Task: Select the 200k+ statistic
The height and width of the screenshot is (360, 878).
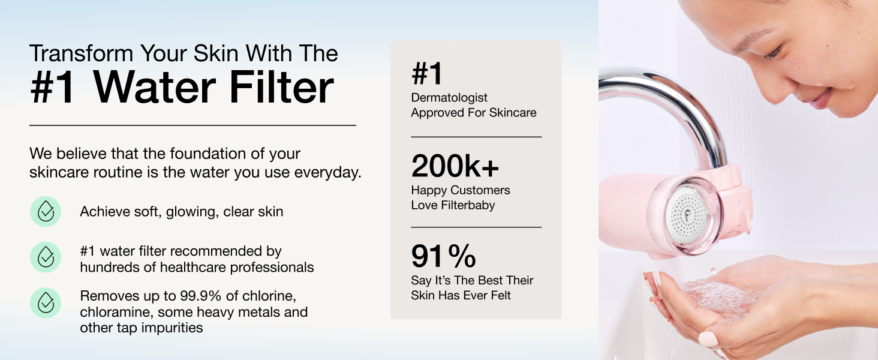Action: point(455,167)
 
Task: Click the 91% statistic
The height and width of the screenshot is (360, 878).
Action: point(444,257)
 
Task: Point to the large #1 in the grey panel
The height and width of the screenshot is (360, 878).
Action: point(427,74)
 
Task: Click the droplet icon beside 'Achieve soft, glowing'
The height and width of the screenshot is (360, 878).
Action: point(46,211)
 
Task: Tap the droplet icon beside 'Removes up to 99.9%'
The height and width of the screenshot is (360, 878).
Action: point(46,303)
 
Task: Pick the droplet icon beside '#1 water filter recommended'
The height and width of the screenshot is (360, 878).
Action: point(46,257)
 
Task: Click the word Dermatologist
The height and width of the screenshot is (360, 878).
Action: point(449,98)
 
